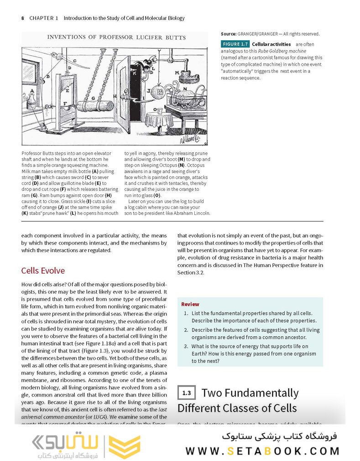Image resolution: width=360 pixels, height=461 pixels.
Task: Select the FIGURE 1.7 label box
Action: pyautogui.click(x=235, y=44)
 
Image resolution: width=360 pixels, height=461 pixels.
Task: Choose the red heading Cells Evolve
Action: pyautogui.click(x=43, y=271)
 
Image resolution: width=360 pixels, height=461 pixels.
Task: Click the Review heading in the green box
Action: pyautogui.click(x=190, y=304)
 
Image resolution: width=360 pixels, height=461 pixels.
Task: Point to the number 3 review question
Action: pyautogui.click(x=186, y=346)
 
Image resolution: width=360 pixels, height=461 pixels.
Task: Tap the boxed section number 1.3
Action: pyautogui.click(x=186, y=393)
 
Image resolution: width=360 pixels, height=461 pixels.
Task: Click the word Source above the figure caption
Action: pyautogui.click(x=228, y=34)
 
